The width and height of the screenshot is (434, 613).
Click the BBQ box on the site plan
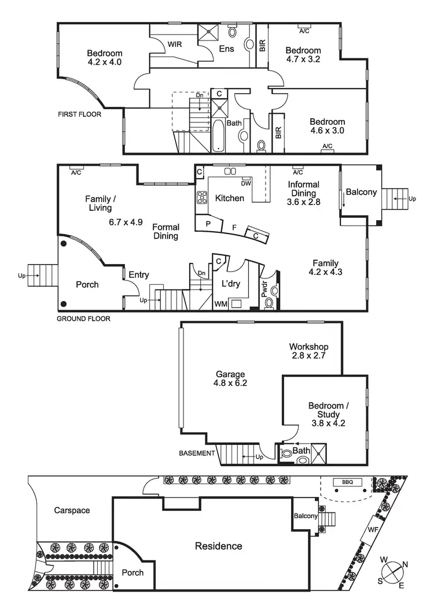pos(347,482)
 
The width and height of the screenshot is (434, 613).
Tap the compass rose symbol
pos(393,571)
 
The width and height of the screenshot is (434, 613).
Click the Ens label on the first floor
pos(226,49)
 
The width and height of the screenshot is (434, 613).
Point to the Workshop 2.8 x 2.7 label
pos(309,351)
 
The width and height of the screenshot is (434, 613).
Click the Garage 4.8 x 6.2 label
pos(231,378)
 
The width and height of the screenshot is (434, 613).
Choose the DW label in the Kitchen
pos(246,184)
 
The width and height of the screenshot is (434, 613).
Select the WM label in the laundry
pos(220,304)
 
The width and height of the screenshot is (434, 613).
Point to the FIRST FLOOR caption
pos(79,114)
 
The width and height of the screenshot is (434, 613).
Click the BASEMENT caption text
pos(196,454)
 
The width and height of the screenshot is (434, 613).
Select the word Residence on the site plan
pos(218,546)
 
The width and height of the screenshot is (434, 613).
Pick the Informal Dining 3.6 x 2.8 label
pos(303,194)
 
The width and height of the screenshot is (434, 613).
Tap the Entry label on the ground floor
pos(139,275)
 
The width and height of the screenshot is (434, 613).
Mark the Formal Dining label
pos(165,232)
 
